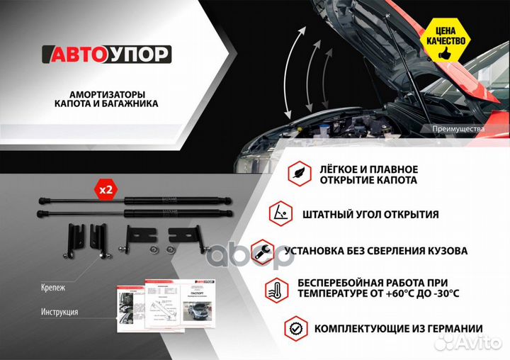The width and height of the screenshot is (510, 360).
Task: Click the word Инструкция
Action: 59,312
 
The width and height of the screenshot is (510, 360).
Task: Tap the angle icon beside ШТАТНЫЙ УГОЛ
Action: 280,213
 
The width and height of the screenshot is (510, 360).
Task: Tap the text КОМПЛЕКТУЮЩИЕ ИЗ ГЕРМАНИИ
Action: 399,328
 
